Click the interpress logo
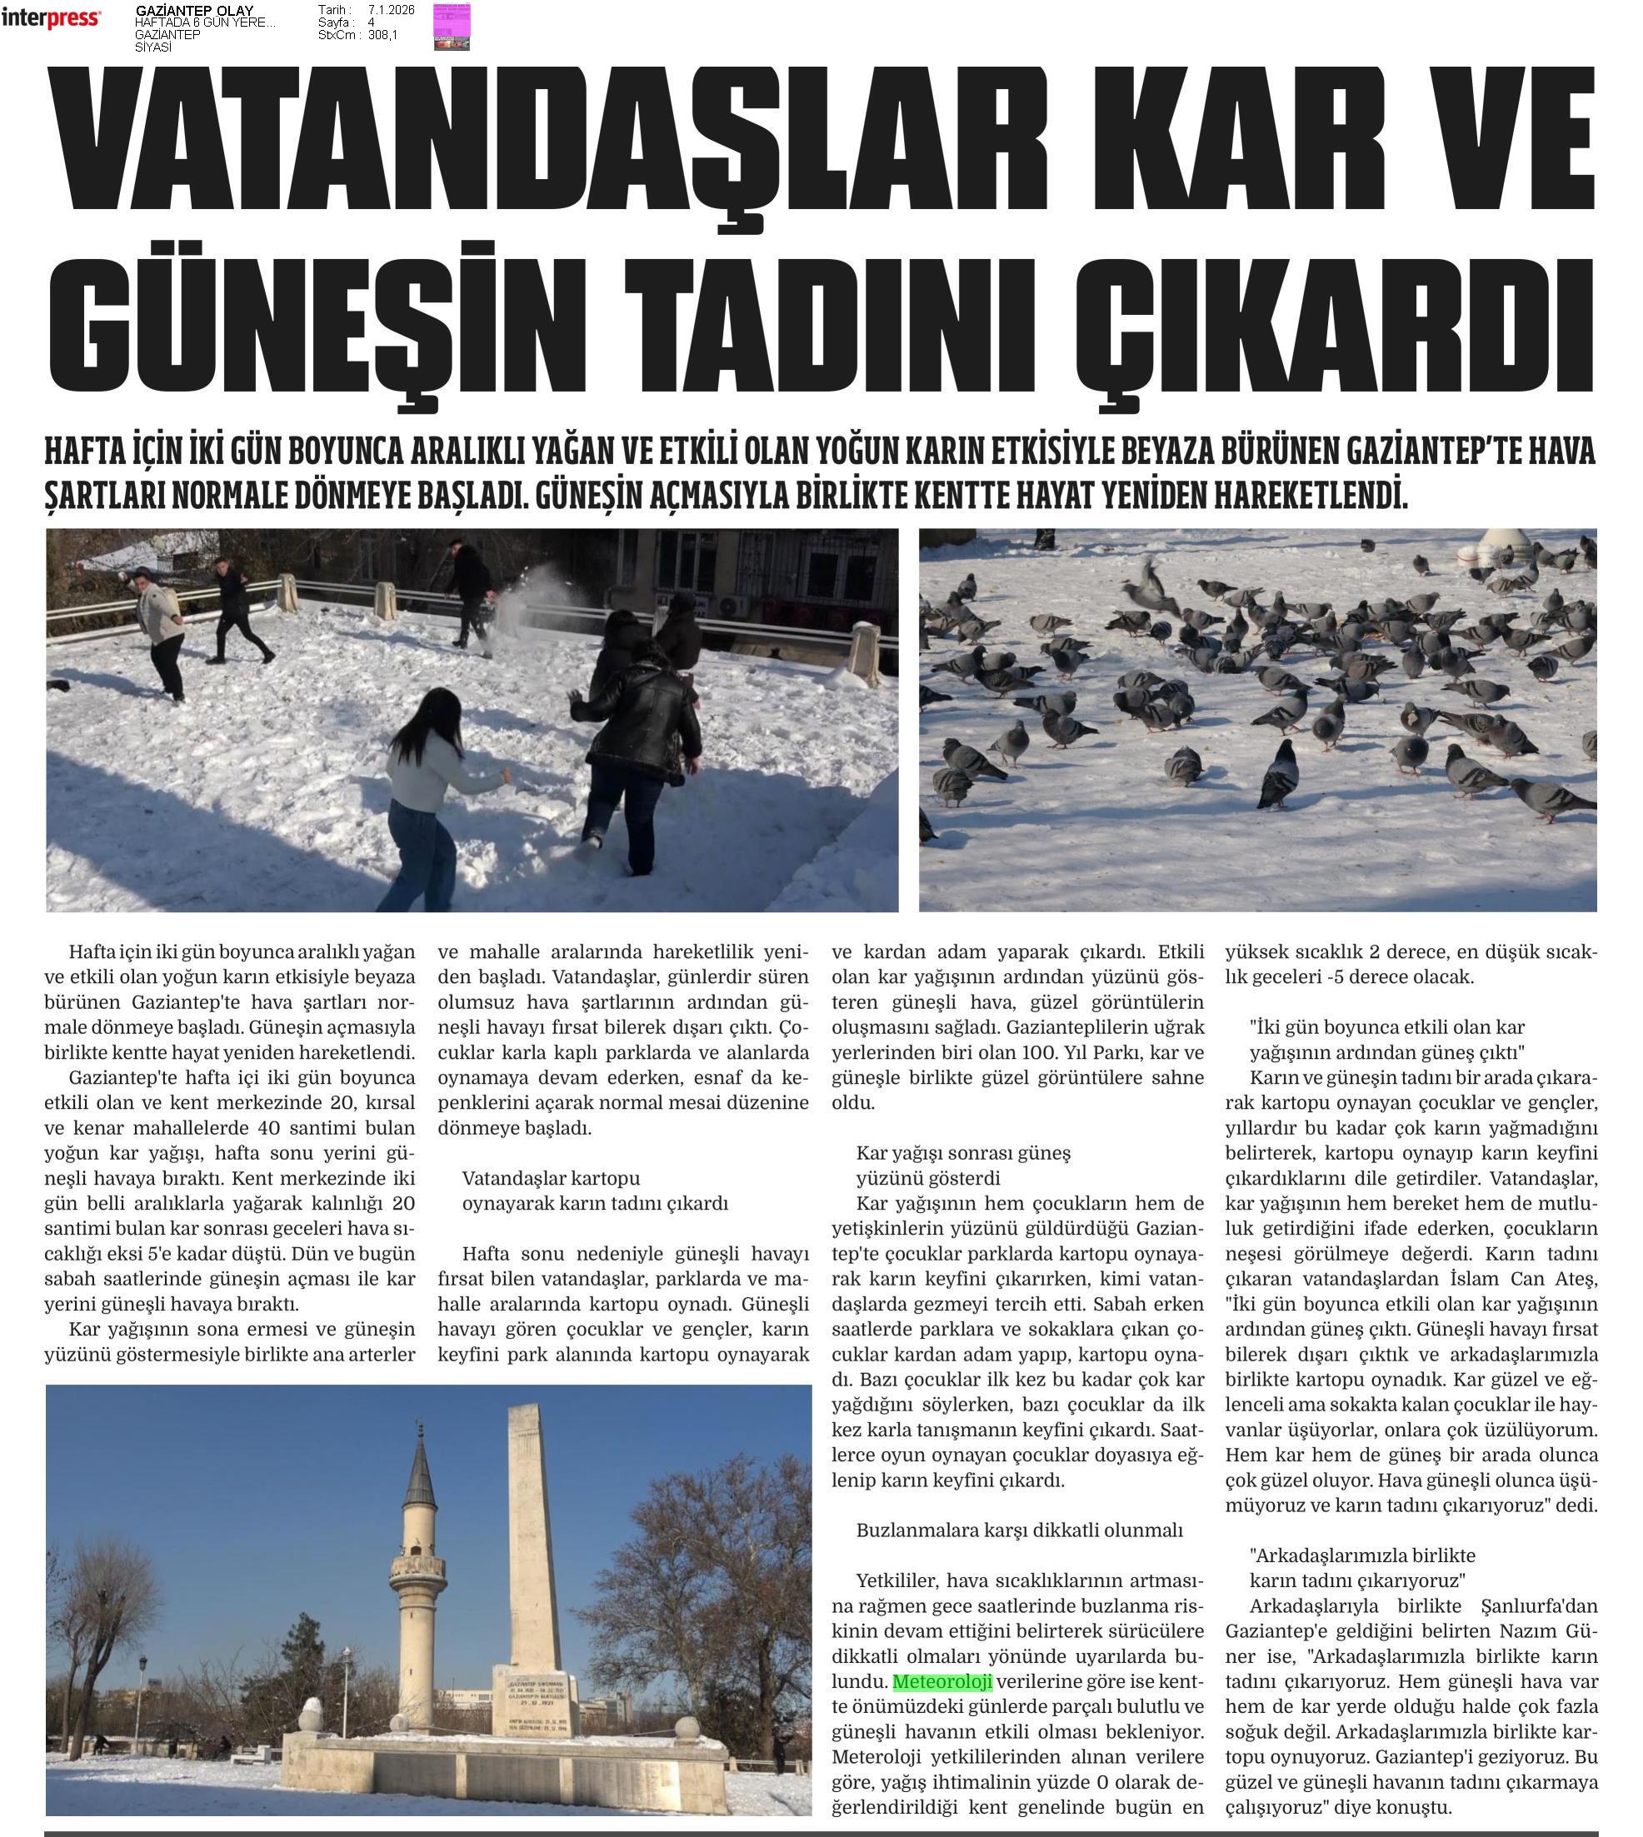click(x=51, y=17)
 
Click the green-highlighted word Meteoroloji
click(x=942, y=1682)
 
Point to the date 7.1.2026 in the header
click(x=391, y=10)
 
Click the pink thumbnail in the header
click(x=452, y=25)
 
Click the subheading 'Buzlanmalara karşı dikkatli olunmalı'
click(x=1019, y=1530)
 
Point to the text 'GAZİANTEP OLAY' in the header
click(x=194, y=11)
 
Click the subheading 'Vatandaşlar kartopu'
click(x=551, y=1178)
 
